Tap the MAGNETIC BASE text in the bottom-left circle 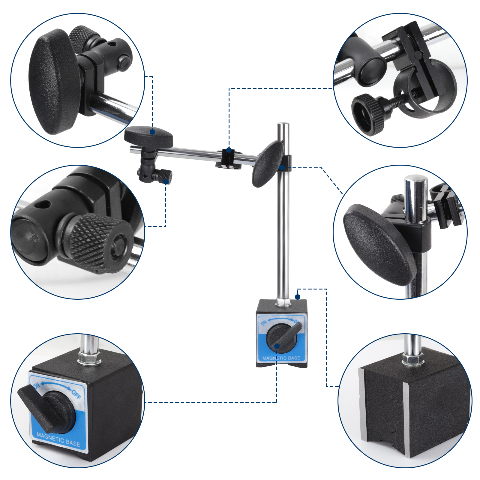tap(58, 440)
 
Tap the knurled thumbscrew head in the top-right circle tap(368, 114)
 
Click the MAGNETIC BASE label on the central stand tap(281, 358)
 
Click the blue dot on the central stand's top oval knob tap(152, 132)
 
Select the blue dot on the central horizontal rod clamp tap(229, 150)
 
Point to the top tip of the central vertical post tap(283, 124)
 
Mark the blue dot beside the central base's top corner tap(298, 297)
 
